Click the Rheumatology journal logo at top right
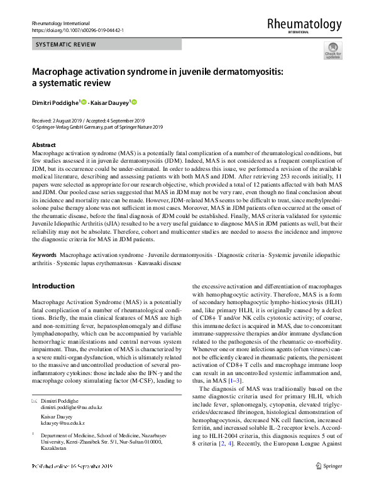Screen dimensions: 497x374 304,25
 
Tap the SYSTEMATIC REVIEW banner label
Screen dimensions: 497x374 66,45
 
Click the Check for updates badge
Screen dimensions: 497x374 332,50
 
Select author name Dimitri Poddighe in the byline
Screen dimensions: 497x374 55,102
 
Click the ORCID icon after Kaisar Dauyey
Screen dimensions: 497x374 134,102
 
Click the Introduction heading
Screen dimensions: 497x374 53,286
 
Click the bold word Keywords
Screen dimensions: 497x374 45,256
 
